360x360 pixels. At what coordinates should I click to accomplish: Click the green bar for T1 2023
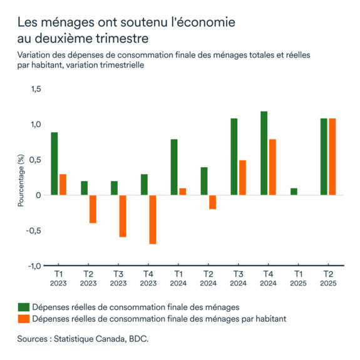pyautogui.click(x=54, y=164)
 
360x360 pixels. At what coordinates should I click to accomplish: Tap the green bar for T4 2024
pyautogui.click(x=264, y=153)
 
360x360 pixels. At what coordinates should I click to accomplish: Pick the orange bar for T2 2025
pyautogui.click(x=332, y=157)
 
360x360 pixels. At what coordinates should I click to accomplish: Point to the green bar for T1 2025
pyautogui.click(x=294, y=192)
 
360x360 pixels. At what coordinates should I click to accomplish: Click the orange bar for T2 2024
pyautogui.click(x=212, y=202)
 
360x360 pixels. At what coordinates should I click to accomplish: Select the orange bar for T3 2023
pyautogui.click(x=122, y=216)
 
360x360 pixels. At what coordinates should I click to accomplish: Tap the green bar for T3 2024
pyautogui.click(x=234, y=157)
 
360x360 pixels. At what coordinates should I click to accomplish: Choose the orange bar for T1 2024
pyautogui.click(x=182, y=192)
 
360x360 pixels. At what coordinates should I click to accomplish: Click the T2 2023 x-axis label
pyautogui.click(x=88, y=279)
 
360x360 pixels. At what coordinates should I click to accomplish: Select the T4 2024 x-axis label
pyautogui.click(x=268, y=279)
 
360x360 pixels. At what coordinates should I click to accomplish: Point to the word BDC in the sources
pyautogui.click(x=138, y=339)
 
